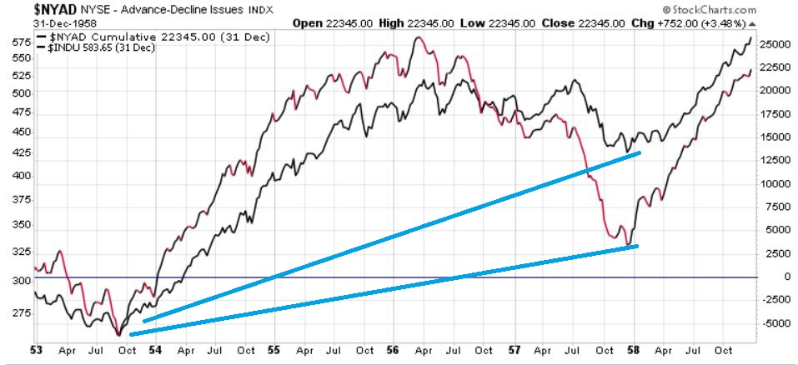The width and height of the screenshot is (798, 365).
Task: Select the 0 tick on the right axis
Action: click(x=764, y=277)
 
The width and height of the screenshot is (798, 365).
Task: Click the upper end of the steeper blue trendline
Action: click(x=640, y=152)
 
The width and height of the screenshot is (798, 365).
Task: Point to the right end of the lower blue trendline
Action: click(x=638, y=246)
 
